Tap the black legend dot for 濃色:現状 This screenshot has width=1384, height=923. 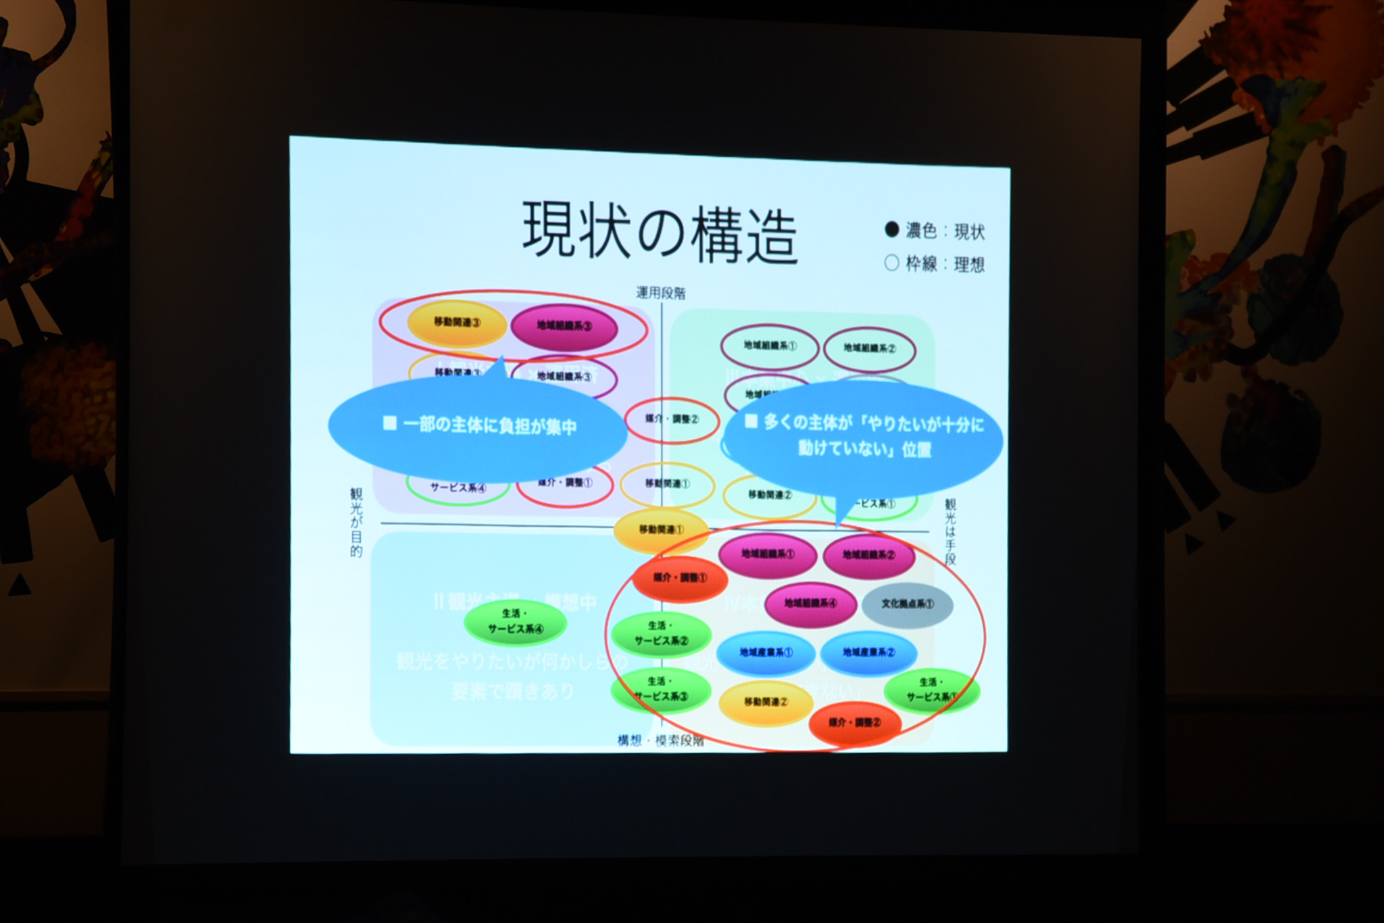click(x=891, y=230)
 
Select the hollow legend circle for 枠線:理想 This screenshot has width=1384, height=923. click(x=891, y=262)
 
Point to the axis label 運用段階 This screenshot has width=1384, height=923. click(x=660, y=293)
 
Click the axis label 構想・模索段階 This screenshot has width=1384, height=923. click(x=660, y=740)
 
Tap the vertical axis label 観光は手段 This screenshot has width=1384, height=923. click(x=950, y=531)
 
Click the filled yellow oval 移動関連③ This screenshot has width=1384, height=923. click(x=458, y=323)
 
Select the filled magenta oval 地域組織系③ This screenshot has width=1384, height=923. click(x=564, y=327)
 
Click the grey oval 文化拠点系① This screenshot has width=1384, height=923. click(x=907, y=604)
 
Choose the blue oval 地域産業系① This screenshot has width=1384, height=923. click(x=766, y=653)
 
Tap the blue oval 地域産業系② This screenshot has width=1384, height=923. click(x=868, y=653)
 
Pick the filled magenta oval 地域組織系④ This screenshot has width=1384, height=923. click(x=810, y=603)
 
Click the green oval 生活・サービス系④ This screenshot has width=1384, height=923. click(x=516, y=622)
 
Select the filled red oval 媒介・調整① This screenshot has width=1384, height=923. click(x=680, y=579)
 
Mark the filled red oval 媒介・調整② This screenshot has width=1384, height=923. click(x=854, y=723)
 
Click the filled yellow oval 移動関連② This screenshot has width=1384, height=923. click(x=766, y=703)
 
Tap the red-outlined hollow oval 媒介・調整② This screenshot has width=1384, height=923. click(x=671, y=419)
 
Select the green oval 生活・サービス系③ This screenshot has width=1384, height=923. click(x=660, y=689)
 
